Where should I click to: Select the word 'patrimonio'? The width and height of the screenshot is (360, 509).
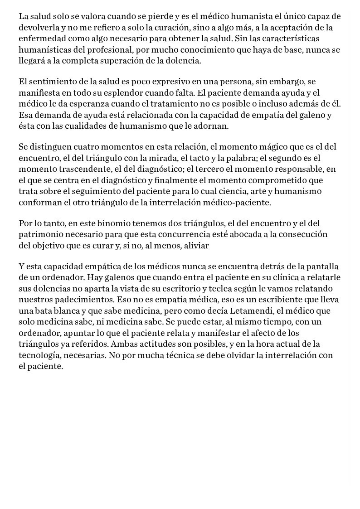click(41, 235)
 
